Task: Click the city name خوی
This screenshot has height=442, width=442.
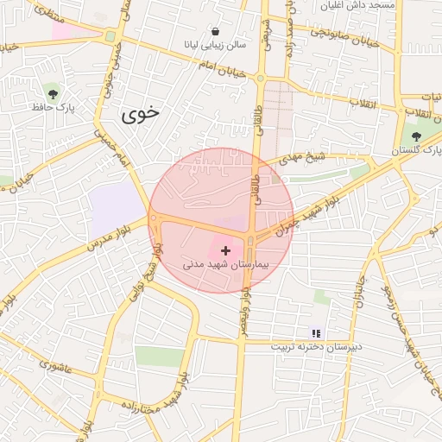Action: click(x=141, y=113)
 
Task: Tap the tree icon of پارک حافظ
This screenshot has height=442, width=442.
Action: click(x=54, y=93)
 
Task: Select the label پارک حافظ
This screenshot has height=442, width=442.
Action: click(x=53, y=108)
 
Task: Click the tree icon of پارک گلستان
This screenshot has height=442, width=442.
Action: click(x=417, y=136)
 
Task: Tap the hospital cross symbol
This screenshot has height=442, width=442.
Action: click(x=226, y=249)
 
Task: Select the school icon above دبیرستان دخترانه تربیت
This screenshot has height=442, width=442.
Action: click(x=316, y=332)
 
